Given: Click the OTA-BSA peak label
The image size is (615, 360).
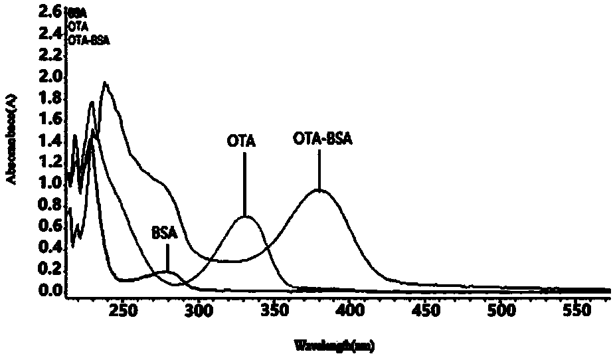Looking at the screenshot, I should tap(322, 139).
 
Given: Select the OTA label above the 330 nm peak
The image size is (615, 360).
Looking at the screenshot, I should tap(241, 141).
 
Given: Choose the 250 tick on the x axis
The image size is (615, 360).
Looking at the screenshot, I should tap(122, 309).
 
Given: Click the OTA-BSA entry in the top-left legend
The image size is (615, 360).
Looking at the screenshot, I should tap(89, 40).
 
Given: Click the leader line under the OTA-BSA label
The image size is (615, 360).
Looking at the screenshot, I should tap(319, 169).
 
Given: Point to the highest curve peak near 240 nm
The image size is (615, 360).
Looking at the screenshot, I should tap(105, 83).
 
